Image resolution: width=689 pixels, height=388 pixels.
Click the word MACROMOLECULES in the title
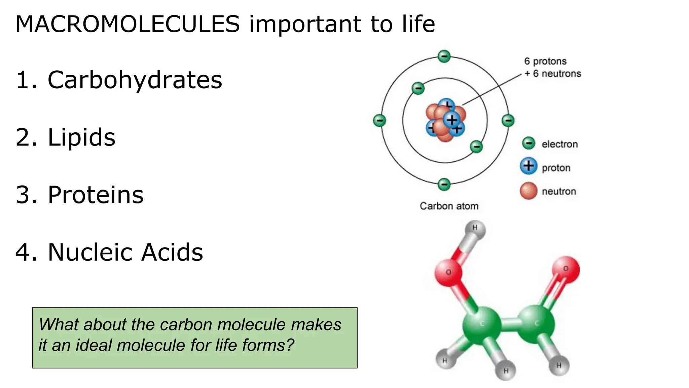click(128, 24)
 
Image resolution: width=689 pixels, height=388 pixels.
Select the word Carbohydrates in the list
click(135, 80)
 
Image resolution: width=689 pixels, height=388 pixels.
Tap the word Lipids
click(81, 137)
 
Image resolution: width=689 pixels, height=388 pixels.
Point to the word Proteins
click(96, 195)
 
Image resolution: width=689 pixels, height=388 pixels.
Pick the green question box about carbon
click(194, 337)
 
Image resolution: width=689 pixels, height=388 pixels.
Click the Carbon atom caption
click(449, 206)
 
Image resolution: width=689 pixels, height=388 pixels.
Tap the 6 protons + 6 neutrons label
click(552, 67)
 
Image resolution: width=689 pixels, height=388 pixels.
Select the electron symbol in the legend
click(529, 143)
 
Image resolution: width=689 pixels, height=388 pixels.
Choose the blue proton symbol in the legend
click(529, 166)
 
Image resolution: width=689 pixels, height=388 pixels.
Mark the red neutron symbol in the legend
click(529, 191)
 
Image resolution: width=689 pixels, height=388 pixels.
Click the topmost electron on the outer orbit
click(444, 56)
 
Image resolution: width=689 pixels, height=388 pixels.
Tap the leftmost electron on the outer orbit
click(379, 120)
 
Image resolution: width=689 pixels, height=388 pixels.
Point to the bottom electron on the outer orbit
click(444, 184)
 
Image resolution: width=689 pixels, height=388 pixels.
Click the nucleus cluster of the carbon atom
click(445, 121)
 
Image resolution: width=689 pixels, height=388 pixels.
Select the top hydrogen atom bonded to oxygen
click(475, 229)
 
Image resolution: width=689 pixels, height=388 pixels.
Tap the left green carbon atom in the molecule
click(481, 325)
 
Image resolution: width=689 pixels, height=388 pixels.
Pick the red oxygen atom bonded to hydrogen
click(448, 272)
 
